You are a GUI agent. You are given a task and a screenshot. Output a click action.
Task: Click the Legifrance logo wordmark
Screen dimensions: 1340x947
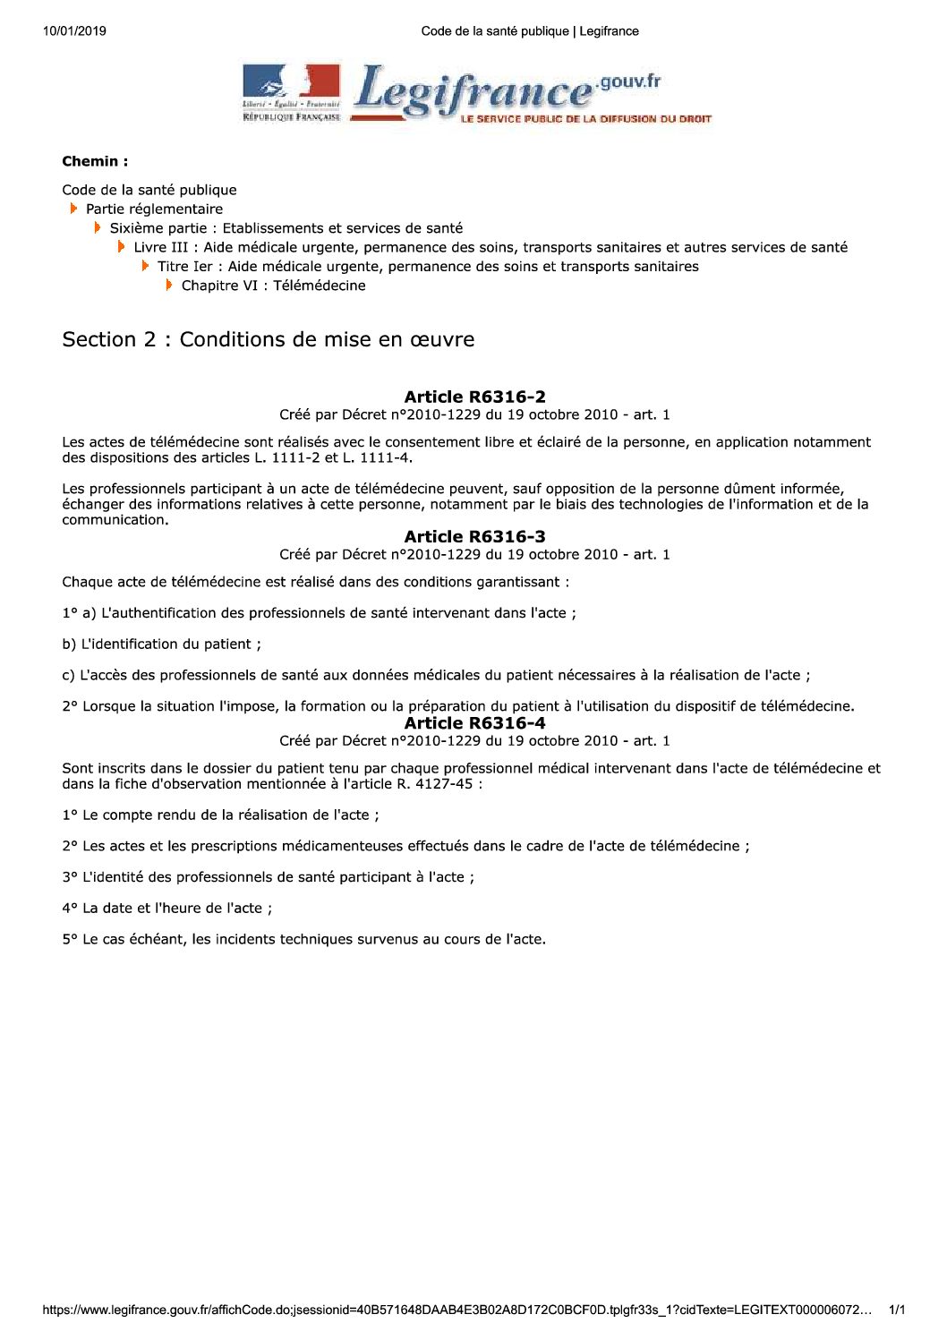pyautogui.click(x=474, y=92)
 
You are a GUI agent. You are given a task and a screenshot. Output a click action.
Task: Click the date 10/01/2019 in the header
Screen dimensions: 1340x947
pyautogui.click(x=73, y=31)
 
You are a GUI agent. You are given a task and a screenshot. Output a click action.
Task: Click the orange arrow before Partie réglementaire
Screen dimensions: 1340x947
pyautogui.click(x=74, y=209)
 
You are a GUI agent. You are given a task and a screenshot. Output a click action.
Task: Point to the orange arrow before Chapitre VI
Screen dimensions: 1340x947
pyautogui.click(x=169, y=286)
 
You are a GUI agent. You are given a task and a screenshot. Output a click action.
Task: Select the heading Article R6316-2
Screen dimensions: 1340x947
pyautogui.click(x=474, y=397)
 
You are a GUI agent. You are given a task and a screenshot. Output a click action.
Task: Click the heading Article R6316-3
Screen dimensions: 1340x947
pyautogui.click(x=474, y=536)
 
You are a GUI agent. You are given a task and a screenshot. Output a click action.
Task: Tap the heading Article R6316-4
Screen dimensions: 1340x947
pyautogui.click(x=474, y=722)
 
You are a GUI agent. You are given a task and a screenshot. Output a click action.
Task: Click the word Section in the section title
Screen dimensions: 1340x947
pyautogui.click(x=97, y=340)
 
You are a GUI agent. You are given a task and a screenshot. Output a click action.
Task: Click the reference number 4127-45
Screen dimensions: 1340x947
pyautogui.click(x=444, y=784)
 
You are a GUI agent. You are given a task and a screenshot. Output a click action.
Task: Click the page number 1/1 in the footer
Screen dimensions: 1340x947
pyautogui.click(x=897, y=1310)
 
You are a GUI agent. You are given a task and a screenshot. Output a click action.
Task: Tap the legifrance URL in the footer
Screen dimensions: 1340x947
pyautogui.click(x=456, y=1310)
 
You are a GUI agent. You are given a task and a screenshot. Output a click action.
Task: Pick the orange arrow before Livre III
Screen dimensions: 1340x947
pyautogui.click(x=122, y=247)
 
